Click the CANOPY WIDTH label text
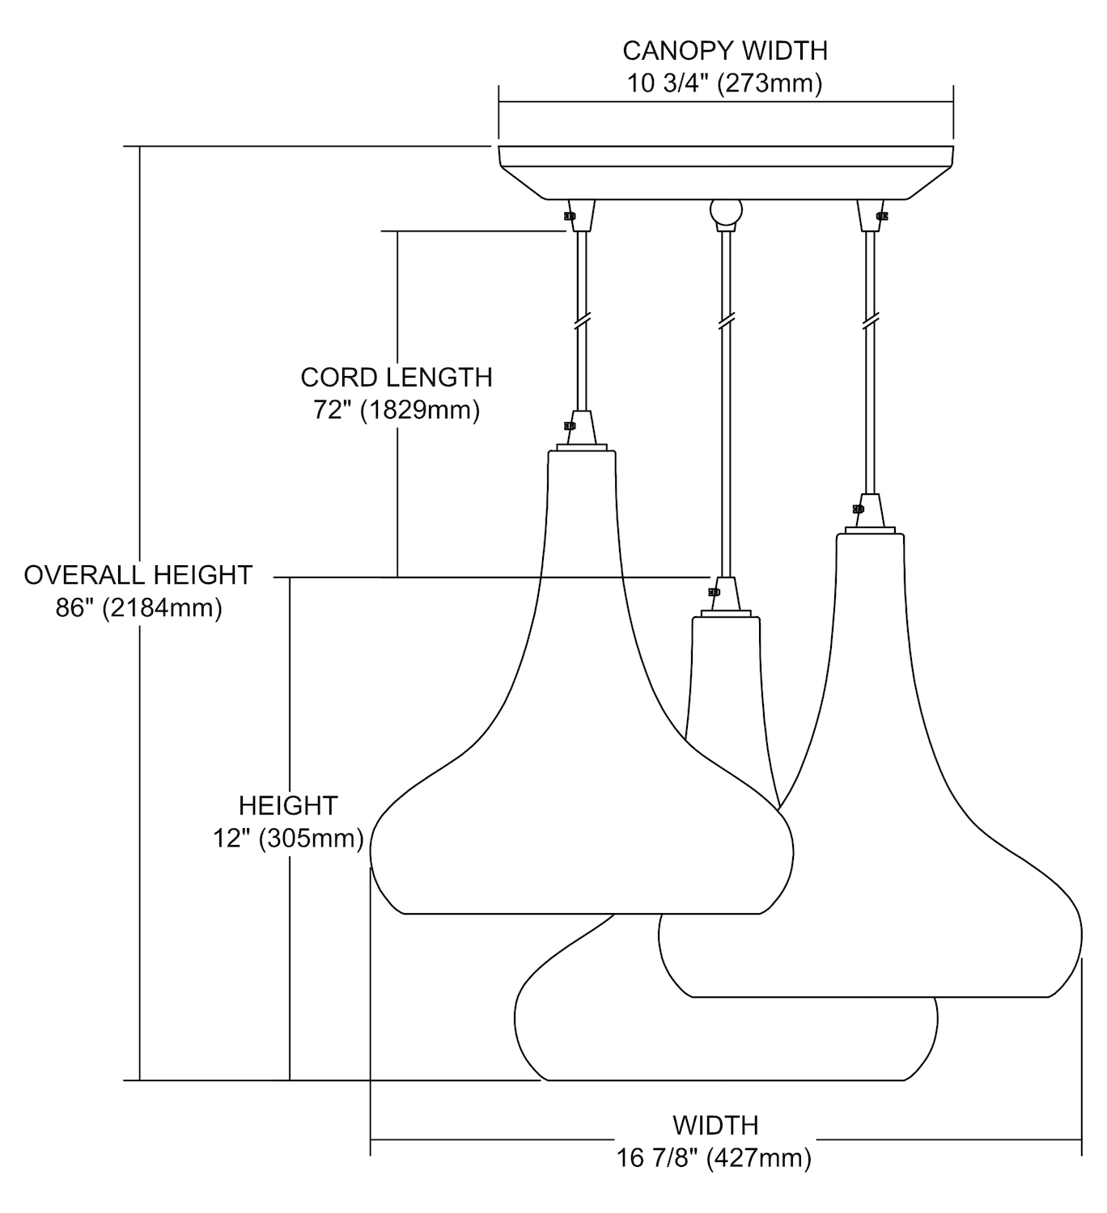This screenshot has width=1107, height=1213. coord(724,51)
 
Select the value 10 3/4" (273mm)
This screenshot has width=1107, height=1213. coord(724,83)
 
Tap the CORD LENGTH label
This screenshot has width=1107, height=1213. coord(397,378)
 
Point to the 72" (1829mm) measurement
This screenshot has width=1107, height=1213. coord(397,410)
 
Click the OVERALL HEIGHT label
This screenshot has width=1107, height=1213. coord(138,575)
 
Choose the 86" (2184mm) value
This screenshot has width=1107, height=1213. coord(138,607)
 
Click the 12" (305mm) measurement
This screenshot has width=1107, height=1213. coord(288,839)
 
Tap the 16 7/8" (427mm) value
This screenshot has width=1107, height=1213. coord(715,1158)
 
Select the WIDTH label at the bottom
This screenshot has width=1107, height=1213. coord(715,1125)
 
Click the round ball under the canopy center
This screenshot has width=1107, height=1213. coord(725,212)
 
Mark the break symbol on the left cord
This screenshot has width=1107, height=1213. coord(581,322)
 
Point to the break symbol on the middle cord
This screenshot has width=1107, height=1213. coord(725,322)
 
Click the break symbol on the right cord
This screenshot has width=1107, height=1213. coord(870,322)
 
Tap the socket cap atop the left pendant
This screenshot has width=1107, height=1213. coord(582,429)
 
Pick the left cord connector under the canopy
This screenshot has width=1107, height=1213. coord(581,216)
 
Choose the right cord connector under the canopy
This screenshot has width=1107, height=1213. coord(870,216)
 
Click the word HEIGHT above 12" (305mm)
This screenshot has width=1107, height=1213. coord(288,805)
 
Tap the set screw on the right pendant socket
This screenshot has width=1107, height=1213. coord(858,509)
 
